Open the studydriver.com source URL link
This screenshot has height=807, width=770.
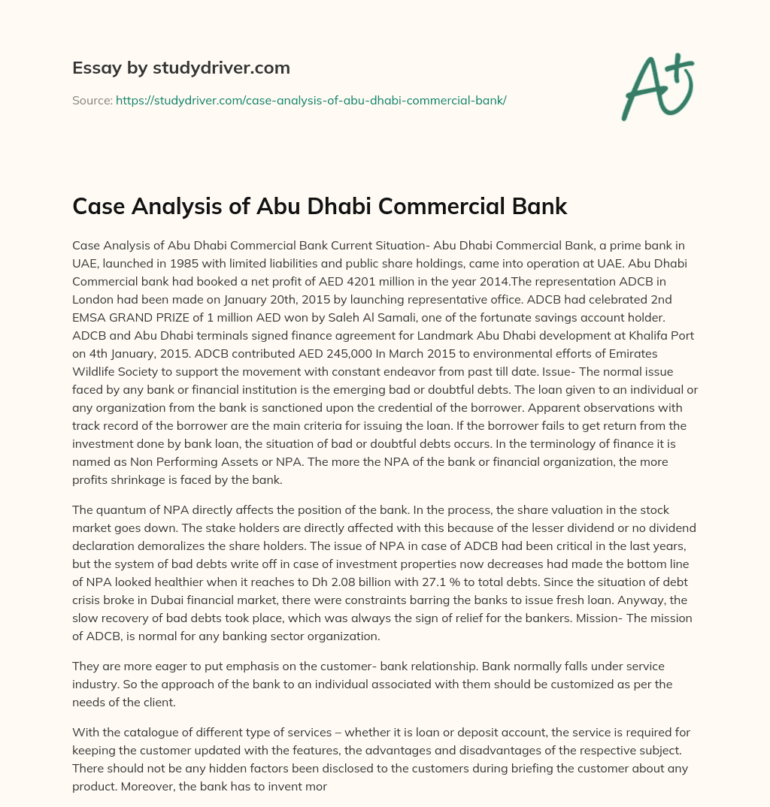point(311,100)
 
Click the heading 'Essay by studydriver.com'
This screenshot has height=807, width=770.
point(180,68)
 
